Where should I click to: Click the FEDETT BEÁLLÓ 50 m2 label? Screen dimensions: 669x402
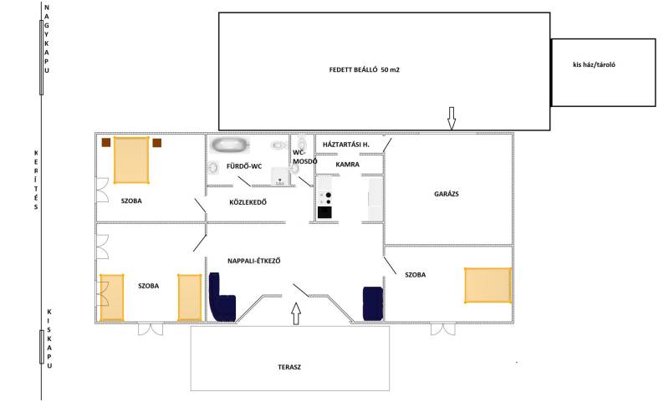pyautogui.click(x=364, y=70)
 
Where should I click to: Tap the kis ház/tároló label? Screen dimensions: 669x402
pyautogui.click(x=594, y=65)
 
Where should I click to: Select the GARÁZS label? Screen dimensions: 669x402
pyautogui.click(x=447, y=194)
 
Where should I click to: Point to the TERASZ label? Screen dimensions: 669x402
pyautogui.click(x=289, y=367)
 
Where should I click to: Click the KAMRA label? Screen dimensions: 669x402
pyautogui.click(x=347, y=165)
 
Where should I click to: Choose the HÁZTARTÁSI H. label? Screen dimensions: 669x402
pyautogui.click(x=346, y=145)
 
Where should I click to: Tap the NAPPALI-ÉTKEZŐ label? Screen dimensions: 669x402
pyautogui.click(x=254, y=261)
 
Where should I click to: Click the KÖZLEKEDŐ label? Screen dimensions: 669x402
pyautogui.click(x=248, y=202)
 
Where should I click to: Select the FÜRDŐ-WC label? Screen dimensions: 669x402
pyautogui.click(x=244, y=166)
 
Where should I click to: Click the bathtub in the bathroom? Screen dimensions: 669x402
pyautogui.click(x=230, y=145)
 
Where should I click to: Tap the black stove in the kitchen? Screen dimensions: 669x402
pyautogui.click(x=324, y=212)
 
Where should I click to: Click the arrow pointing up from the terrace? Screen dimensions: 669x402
pyautogui.click(x=296, y=313)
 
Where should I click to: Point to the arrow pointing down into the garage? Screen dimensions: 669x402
pyautogui.click(x=452, y=118)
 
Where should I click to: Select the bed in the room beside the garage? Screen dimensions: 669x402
pyautogui.click(x=488, y=285)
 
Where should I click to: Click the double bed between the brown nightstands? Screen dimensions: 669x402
pyautogui.click(x=131, y=160)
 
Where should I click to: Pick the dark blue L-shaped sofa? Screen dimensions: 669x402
pyautogui.click(x=222, y=298)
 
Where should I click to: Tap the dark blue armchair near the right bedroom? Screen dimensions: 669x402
pyautogui.click(x=372, y=303)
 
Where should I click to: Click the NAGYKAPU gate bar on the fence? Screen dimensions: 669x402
pyautogui.click(x=41, y=57)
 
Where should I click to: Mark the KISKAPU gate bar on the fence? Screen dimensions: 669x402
pyautogui.click(x=41, y=347)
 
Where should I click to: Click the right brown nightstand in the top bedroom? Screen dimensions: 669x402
pyautogui.click(x=157, y=143)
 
